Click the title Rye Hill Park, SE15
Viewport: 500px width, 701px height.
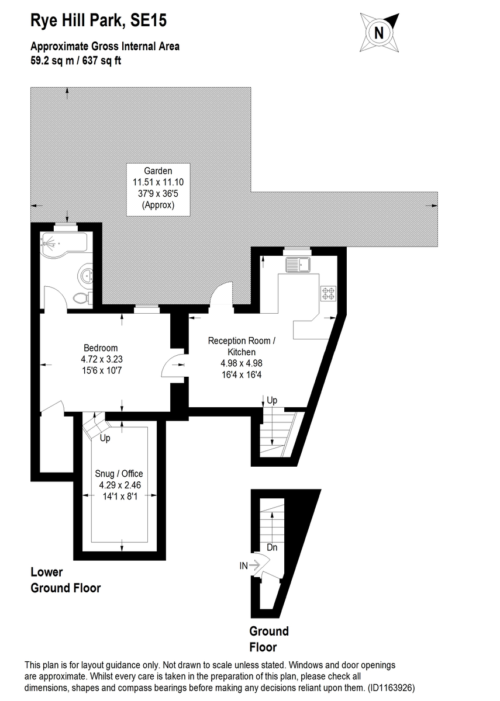(98, 22)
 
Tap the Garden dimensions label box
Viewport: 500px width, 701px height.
(158, 189)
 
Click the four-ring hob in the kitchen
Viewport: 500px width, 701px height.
(327, 293)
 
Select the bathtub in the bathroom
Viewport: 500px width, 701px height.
(63, 242)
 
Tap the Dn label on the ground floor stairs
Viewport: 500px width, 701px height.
(272, 548)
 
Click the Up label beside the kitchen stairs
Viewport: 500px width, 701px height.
(272, 400)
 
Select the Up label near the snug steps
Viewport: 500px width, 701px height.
(105, 438)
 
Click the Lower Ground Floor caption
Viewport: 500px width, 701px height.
(65, 580)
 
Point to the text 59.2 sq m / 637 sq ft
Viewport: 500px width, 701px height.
(76, 60)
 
